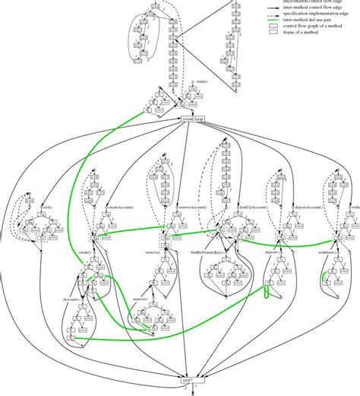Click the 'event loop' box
tap(189, 119)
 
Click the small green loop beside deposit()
tap(267, 291)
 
